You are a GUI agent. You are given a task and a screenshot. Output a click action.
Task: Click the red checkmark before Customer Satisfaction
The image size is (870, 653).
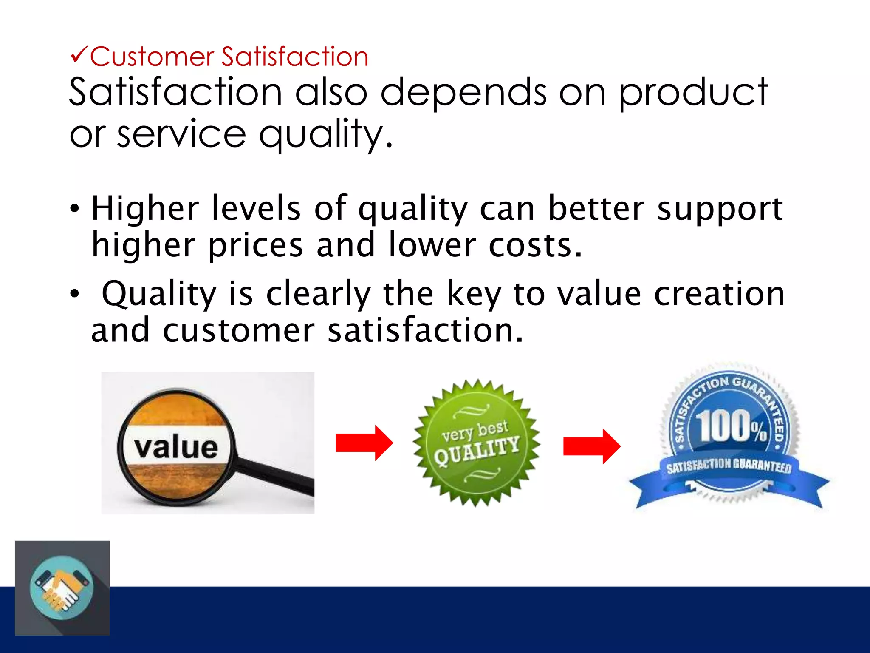pyautogui.click(x=79, y=55)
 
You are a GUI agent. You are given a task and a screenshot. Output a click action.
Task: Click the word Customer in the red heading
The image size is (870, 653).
pyautogui.click(x=152, y=57)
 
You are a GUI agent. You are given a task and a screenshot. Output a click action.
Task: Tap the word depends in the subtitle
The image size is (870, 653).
pyautogui.click(x=463, y=93)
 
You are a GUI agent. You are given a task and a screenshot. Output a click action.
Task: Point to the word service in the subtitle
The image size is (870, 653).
pyautogui.click(x=181, y=134)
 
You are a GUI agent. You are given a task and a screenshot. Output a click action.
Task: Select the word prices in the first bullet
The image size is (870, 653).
pyautogui.click(x=255, y=246)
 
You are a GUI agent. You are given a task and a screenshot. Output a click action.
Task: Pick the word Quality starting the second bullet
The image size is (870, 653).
pyautogui.click(x=159, y=294)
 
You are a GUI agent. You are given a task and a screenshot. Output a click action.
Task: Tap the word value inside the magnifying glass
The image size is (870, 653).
pyautogui.click(x=176, y=447)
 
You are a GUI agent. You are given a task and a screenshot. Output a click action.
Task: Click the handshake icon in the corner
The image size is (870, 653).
pyautogui.click(x=62, y=588)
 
